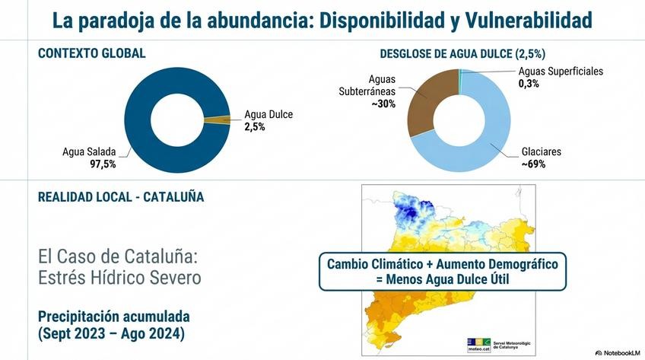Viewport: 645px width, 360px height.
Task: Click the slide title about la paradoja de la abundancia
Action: pos(322,21)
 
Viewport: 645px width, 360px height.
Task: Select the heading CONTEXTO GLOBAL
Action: pos(91,54)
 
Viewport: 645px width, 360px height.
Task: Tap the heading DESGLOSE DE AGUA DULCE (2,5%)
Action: pos(462,54)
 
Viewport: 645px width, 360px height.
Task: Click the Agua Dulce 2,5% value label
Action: pos(255,127)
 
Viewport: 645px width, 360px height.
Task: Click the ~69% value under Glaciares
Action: pos(533,164)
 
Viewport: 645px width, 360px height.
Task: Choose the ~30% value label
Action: pos(383,104)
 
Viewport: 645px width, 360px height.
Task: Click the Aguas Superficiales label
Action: pos(561,72)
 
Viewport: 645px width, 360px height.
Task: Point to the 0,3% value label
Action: pos(529,84)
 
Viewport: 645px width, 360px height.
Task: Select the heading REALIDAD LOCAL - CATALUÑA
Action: pos(121,197)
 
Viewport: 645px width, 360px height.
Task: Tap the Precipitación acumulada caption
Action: pos(113,316)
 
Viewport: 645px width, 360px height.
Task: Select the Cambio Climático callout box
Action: pos(443,272)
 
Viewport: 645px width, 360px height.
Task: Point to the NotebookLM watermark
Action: pos(618,352)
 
